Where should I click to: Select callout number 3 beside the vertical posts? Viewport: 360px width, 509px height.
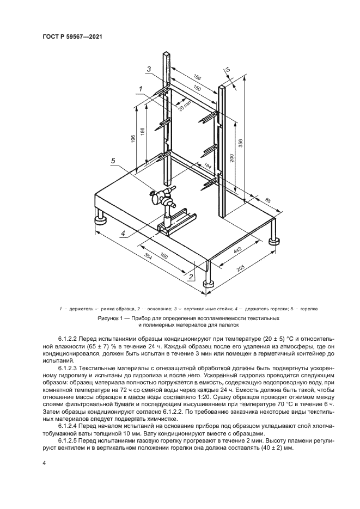[148, 69]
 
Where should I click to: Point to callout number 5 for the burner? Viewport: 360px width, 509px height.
[113, 161]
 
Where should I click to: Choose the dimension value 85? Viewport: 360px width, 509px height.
[267, 201]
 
